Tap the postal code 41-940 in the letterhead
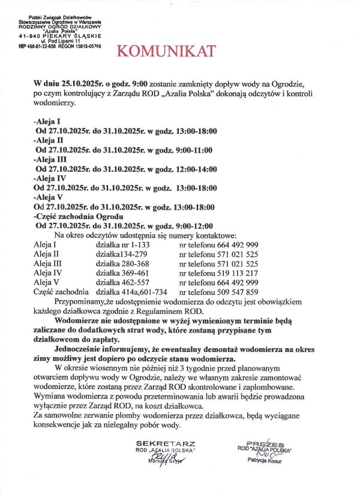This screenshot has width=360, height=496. pos(31,36)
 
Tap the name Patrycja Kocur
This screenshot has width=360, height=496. pos(265,460)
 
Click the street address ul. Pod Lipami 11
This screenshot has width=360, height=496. pos(59,41)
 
